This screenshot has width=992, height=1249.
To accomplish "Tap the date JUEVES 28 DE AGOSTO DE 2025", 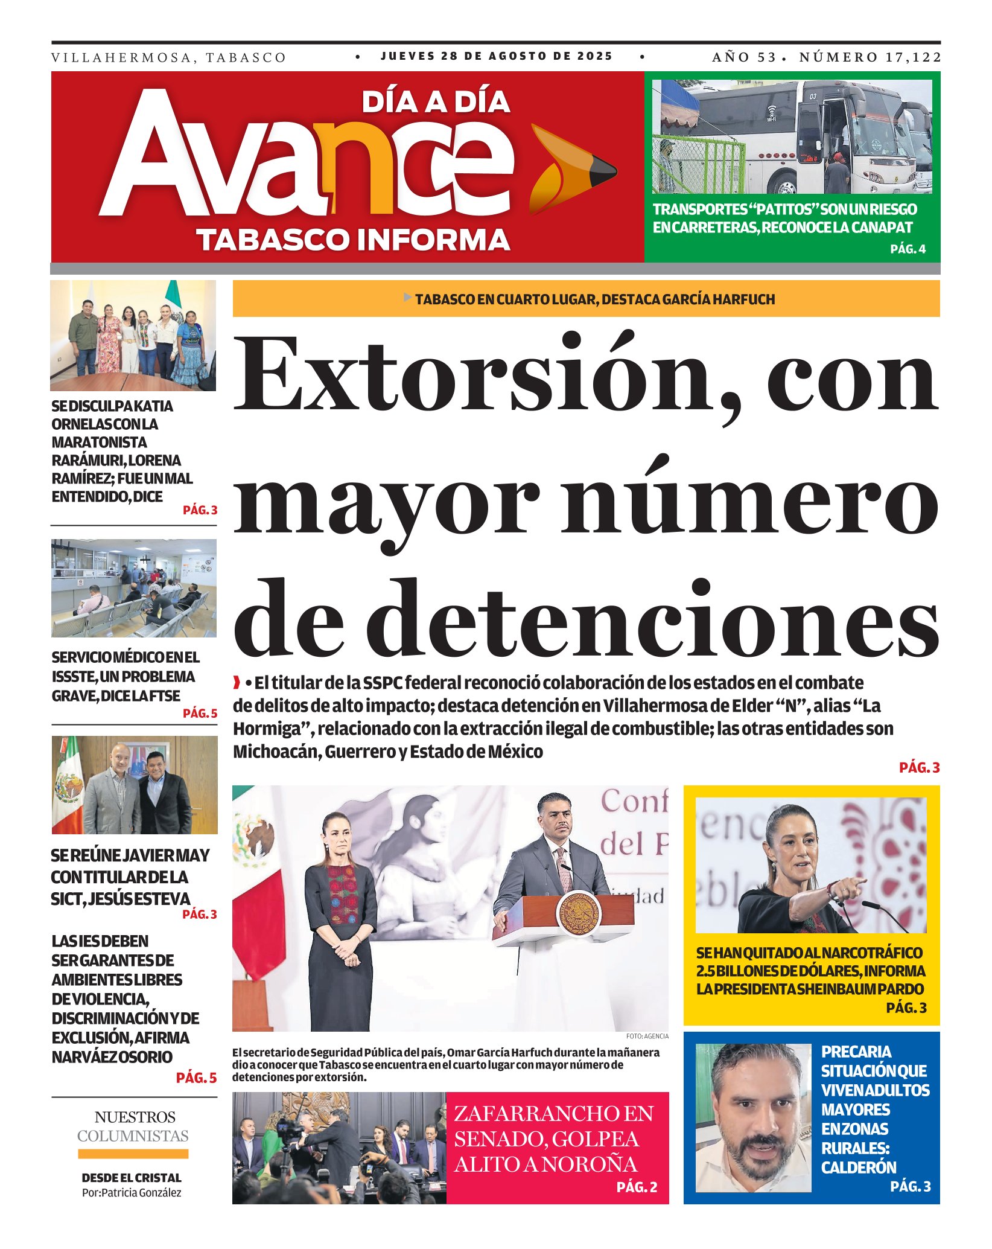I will tap(496, 56).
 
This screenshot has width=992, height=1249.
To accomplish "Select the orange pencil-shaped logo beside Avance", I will tap(570, 170).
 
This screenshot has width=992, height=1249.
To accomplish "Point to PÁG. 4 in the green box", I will tap(908, 249).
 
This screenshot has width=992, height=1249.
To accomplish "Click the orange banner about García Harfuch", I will tap(586, 299).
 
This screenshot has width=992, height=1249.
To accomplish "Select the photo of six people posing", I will tap(133, 336).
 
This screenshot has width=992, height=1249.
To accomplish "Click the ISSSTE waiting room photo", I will tap(133, 589).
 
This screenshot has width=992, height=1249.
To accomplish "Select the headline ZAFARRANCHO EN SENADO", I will tap(553, 1139).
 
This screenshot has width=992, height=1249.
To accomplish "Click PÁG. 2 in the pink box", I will tap(637, 1187).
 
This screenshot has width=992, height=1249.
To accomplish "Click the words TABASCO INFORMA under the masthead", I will tap(354, 240).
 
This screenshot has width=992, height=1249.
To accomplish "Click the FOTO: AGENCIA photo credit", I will tap(647, 1036).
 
